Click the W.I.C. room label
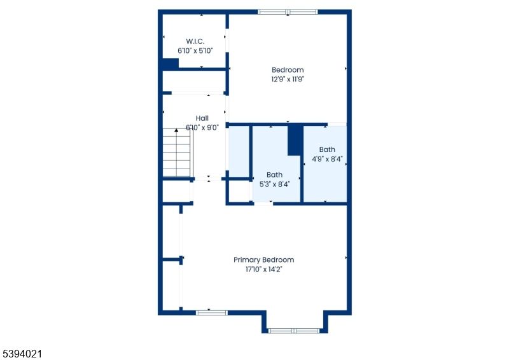pyautogui.click(x=195, y=41)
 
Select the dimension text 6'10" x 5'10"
pyautogui.click(x=195, y=50)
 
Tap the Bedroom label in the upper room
pyautogui.click(x=288, y=70)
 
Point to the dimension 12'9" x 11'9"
pyautogui.click(x=288, y=80)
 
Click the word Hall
pyautogui.click(x=202, y=118)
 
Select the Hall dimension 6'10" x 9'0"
pyautogui.click(x=202, y=127)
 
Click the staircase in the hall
pyautogui.click(x=177, y=153)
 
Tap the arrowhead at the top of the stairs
pyautogui.click(x=176, y=130)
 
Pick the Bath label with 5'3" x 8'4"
pyautogui.click(x=274, y=175)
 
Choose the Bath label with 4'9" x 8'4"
pyautogui.click(x=327, y=149)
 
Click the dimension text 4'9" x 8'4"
pyautogui.click(x=327, y=159)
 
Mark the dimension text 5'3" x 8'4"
pyautogui.click(x=274, y=184)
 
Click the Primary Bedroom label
pyautogui.click(x=263, y=260)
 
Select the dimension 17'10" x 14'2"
pyautogui.click(x=263, y=269)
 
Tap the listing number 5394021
pyautogui.click(x=22, y=350)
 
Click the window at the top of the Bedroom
pyautogui.click(x=287, y=11)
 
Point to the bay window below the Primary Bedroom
pyautogui.click(x=293, y=331)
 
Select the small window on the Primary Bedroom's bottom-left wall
pyautogui.click(x=211, y=312)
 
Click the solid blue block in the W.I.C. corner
pyautogui.click(x=170, y=64)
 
